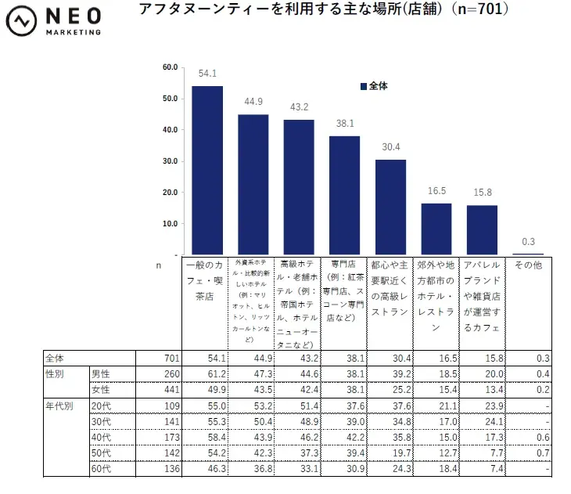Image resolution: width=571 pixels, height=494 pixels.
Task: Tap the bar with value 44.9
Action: pos(253,185)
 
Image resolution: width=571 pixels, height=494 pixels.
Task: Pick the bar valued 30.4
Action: pos(390,207)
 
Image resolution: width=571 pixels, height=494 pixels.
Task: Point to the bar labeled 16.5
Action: pos(436,229)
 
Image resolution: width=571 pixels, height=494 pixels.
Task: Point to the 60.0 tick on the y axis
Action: pos(169,67)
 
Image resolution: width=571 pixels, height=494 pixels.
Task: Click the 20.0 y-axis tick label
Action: pos(169,193)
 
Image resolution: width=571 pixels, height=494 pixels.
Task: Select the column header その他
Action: pos(528,266)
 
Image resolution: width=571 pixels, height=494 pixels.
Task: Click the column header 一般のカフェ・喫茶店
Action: pos(207,281)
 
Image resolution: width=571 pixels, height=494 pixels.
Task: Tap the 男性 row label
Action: pos(101,374)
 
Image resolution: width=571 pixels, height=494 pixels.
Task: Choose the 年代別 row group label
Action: pos(61,406)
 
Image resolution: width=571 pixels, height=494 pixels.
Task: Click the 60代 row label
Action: pos(101,470)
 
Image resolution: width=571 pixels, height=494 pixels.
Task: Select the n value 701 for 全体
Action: pos(172,358)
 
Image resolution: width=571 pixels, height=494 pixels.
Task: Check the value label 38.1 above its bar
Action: pos(344,124)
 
